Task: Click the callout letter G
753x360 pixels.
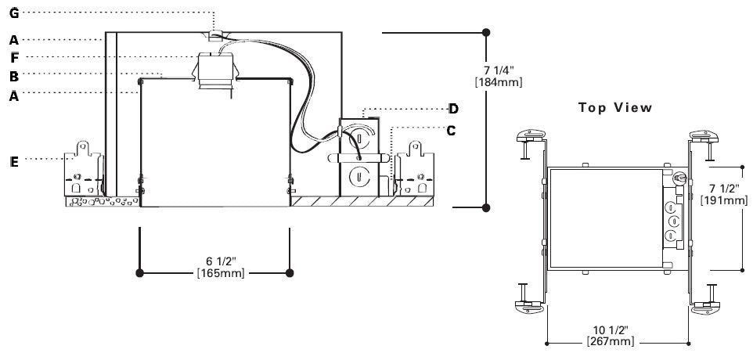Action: tap(13, 13)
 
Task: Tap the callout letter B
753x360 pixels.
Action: tap(13, 76)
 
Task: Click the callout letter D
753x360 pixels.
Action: tap(452, 108)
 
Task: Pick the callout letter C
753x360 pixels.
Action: tap(451, 130)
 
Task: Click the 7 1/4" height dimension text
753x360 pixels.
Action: tap(505, 69)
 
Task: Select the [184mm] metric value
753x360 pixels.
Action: tap(505, 81)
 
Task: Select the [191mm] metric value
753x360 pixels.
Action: tap(724, 201)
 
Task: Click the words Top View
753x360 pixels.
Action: tap(615, 108)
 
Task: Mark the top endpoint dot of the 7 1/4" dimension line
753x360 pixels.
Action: tap(486, 32)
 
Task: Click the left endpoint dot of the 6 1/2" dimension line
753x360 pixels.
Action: tap(139, 272)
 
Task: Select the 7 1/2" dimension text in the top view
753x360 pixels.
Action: tap(724, 189)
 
